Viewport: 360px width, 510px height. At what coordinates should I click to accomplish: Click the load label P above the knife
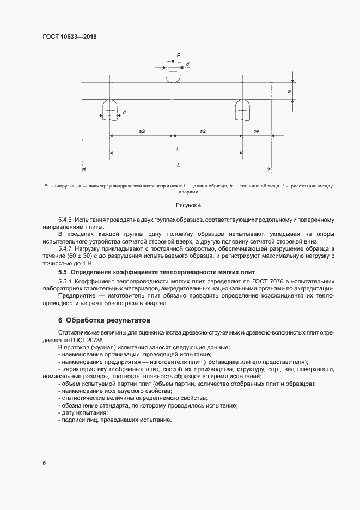click(x=178, y=54)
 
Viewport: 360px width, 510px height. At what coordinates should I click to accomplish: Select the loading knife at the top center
click(x=172, y=74)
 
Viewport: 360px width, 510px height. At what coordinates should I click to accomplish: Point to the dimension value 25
click(x=256, y=131)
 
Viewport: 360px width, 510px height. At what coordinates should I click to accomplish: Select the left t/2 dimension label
click(x=142, y=131)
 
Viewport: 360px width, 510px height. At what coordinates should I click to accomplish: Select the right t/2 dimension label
click(x=203, y=131)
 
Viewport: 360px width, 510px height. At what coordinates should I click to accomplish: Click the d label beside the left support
click(x=124, y=113)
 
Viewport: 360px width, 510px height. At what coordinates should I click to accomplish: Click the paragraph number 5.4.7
click(x=65, y=248)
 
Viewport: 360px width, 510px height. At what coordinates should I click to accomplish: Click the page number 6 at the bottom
click(x=44, y=463)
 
